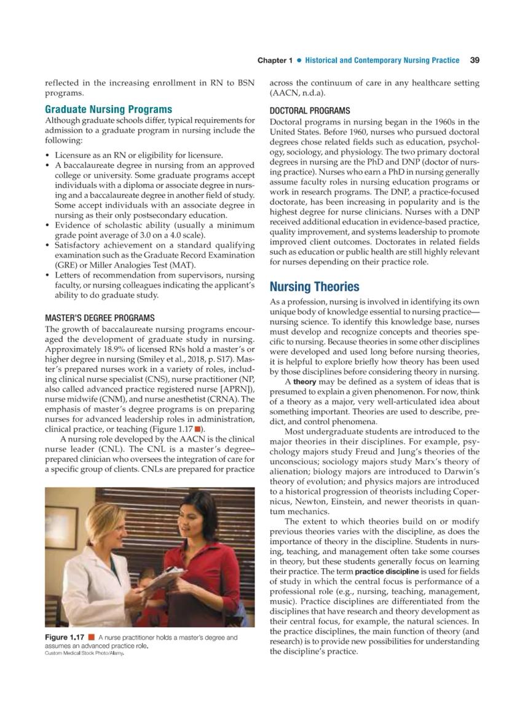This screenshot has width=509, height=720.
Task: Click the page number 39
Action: (x=474, y=60)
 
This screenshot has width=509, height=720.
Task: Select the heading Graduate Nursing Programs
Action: (x=108, y=109)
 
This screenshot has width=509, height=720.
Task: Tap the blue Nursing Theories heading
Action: (x=315, y=287)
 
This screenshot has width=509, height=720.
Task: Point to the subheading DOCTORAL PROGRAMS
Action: (x=310, y=111)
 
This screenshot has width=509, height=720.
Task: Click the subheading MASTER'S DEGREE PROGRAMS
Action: (x=100, y=318)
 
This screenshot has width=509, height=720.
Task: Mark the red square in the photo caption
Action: (x=91, y=638)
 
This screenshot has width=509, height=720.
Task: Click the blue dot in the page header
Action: (x=299, y=60)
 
